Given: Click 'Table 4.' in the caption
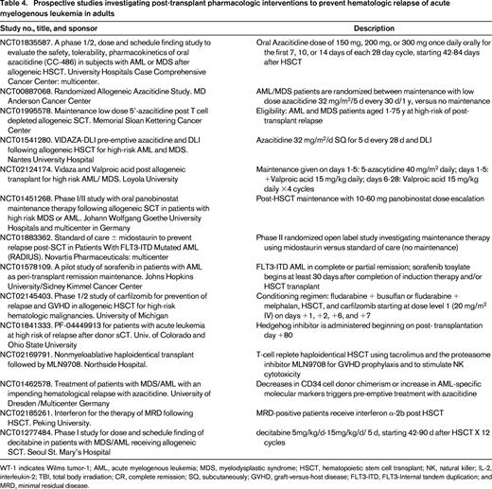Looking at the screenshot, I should point(17,8).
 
